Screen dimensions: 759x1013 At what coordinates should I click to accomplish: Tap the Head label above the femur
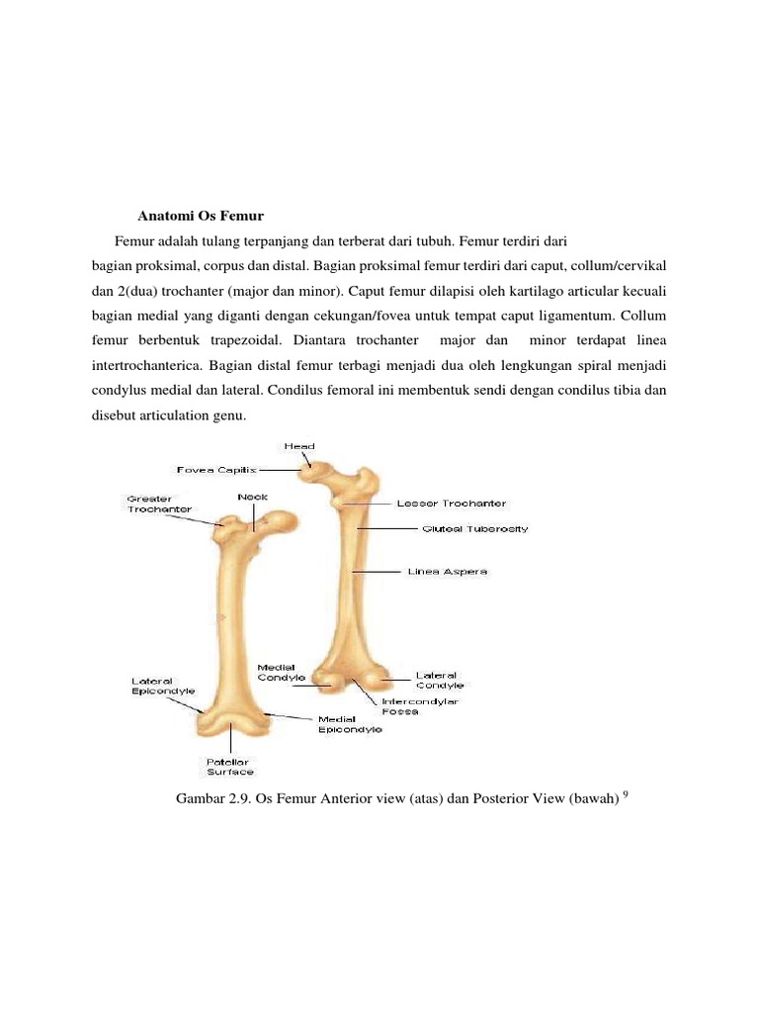[x=299, y=446]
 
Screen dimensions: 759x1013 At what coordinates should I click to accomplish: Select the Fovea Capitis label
[x=216, y=469]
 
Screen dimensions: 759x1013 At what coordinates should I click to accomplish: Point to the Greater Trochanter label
[x=150, y=504]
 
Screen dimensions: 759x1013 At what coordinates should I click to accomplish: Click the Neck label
[x=253, y=497]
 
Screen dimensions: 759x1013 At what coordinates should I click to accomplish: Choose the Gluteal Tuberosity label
[x=475, y=529]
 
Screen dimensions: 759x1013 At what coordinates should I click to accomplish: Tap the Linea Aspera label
[x=448, y=572]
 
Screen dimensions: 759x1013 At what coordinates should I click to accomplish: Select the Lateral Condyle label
[x=439, y=680]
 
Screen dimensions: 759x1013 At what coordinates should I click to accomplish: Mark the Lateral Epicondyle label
[x=163, y=686]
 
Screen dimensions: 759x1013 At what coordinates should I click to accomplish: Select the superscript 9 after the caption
[x=627, y=793]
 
